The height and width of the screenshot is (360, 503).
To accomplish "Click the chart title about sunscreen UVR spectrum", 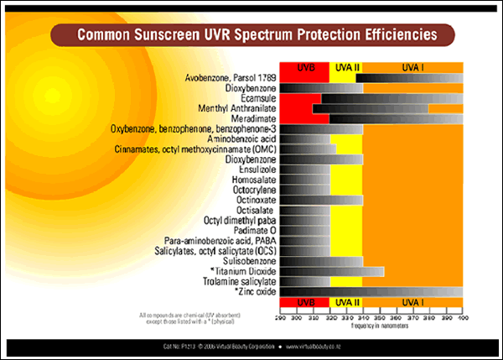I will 256,35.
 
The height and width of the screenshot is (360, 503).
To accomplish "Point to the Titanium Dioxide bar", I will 331,271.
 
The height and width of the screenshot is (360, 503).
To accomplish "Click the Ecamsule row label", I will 257,98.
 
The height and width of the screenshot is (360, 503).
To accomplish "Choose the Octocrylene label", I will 251,190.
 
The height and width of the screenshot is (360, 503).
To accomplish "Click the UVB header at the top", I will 304,67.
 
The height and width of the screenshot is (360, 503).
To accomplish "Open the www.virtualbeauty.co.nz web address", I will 324,346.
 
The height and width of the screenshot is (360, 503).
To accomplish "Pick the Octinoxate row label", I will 252,200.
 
